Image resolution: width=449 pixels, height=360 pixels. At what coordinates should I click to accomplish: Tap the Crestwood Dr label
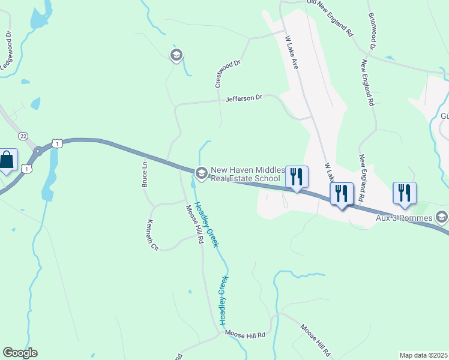click(228, 73)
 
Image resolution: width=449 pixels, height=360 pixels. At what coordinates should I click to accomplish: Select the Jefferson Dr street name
click(244, 98)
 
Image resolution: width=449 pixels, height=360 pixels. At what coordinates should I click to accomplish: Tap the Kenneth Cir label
click(152, 236)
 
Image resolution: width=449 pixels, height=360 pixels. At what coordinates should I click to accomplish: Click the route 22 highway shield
click(23, 136)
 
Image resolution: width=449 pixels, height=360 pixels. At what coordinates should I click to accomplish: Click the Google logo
click(20, 353)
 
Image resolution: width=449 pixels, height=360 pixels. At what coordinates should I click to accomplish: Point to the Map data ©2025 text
click(423, 355)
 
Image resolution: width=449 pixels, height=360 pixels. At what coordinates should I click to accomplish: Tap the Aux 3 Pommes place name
click(404, 217)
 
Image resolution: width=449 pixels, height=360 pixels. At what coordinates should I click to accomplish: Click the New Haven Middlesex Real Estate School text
click(246, 174)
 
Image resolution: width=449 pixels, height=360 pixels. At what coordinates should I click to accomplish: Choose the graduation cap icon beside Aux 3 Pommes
click(442, 217)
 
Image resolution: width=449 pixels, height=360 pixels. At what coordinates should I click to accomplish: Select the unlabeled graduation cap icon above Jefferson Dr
click(176, 56)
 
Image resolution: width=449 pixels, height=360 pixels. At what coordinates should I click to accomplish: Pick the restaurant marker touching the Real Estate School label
click(297, 176)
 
